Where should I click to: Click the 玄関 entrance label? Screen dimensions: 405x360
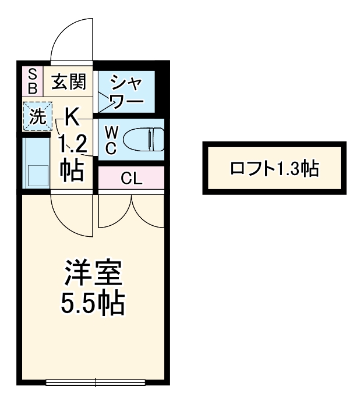69,82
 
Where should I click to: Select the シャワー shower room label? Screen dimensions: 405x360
126,91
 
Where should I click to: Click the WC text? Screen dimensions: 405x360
111,140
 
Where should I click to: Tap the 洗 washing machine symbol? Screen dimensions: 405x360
36,117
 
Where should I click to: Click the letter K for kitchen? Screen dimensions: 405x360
72,117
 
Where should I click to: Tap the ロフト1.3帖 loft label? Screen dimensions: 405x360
274,168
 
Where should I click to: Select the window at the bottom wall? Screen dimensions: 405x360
96,382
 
